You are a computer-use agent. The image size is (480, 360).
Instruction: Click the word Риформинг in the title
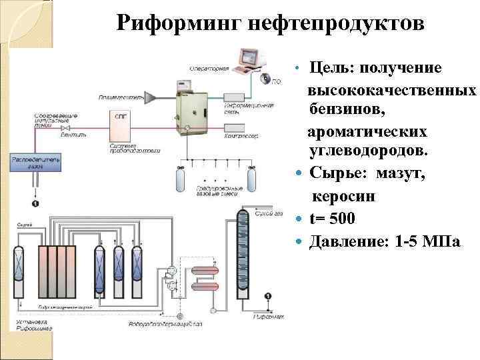(175, 23)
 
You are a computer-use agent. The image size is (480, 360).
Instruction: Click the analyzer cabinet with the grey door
(195, 109)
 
